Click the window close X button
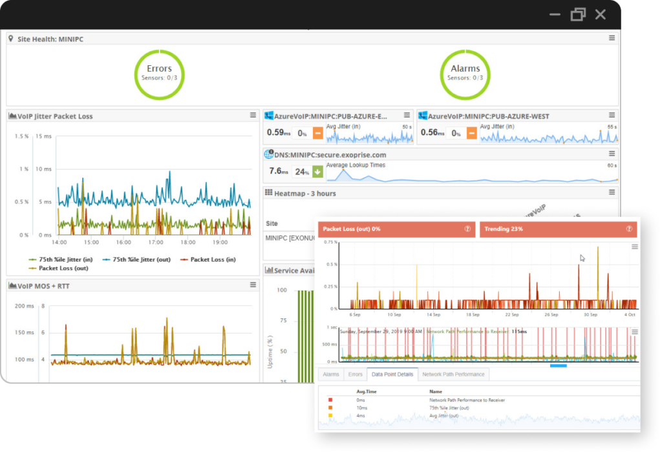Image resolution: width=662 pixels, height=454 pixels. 600,14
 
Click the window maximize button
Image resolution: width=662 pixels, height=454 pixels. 577,14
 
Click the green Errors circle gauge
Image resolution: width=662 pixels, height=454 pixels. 159,74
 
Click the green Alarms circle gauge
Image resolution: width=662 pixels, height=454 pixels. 465,74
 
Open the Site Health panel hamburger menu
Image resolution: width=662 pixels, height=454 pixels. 612,38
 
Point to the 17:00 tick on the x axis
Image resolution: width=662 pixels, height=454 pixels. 156,242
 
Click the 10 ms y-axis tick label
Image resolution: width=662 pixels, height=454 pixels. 43,169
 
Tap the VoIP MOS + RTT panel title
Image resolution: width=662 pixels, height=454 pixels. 42,285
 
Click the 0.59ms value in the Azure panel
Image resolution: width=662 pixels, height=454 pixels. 278,132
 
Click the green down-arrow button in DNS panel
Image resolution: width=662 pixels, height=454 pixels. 317,171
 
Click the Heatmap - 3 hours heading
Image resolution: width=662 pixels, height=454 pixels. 304,193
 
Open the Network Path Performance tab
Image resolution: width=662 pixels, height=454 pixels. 453,374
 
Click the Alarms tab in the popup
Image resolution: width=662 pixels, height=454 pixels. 330,374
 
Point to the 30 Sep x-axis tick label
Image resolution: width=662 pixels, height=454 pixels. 590,315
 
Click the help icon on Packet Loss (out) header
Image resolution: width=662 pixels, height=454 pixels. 467,229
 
